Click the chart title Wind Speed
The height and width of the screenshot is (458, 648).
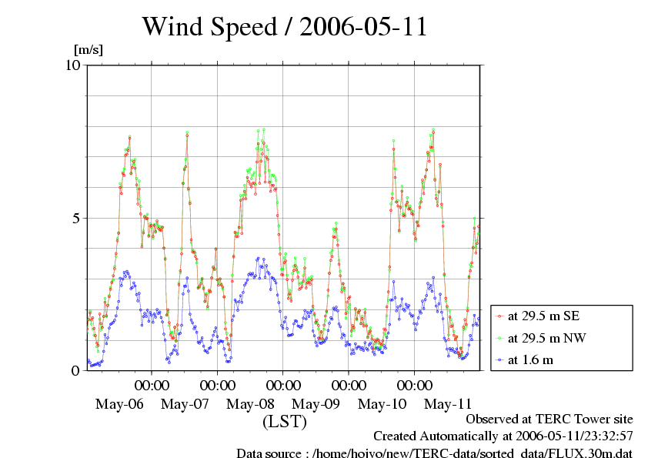click(209, 27)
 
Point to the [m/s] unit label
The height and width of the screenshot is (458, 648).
click(88, 50)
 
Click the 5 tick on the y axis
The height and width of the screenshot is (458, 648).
click(75, 218)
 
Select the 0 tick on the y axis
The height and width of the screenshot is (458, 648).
click(75, 370)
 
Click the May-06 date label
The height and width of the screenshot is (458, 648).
click(119, 404)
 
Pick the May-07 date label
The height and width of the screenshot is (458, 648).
click(185, 404)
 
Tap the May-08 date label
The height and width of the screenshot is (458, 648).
click(251, 404)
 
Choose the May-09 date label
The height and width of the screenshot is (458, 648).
click(316, 404)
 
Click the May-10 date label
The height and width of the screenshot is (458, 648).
click(382, 404)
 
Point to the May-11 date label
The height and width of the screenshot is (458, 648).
click(448, 404)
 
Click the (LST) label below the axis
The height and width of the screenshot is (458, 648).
click(285, 422)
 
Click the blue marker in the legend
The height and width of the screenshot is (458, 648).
click(499, 359)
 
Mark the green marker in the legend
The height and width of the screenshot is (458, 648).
click(499, 337)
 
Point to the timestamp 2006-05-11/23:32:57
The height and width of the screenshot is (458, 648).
click(569, 436)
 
